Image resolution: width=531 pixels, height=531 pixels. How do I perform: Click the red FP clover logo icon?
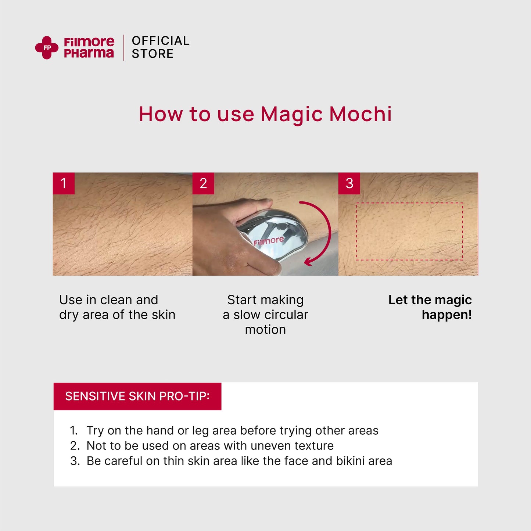pos(47,48)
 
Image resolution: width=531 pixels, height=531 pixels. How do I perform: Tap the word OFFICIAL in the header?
pos(161,41)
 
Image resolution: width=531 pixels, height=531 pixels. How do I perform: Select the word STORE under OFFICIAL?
pos(153,54)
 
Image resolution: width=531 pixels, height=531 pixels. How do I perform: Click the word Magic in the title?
pos(292,114)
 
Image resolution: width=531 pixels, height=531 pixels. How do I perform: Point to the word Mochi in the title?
pos(360,114)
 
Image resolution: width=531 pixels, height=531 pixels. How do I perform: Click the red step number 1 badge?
pos(64,183)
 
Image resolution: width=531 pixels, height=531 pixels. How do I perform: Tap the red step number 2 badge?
pos(203,183)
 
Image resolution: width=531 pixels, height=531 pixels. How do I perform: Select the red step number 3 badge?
pos(349,183)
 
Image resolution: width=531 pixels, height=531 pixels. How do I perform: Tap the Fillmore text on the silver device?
pos(269,241)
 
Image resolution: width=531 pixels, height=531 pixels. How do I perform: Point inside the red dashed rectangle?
pos(409,232)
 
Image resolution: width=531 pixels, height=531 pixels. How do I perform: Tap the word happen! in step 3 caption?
pos(446,315)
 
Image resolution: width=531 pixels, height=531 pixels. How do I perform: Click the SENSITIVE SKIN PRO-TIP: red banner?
pos(137,396)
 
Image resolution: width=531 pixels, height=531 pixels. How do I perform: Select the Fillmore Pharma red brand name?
pos(89,48)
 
